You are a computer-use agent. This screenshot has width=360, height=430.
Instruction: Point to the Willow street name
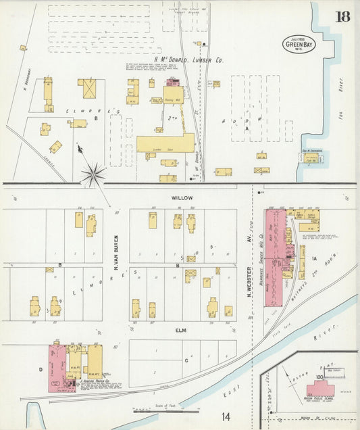(x=182, y=197)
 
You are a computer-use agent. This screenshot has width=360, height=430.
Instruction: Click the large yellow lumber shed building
(x=165, y=143)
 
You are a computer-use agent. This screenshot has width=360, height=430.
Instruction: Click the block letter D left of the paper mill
(x=40, y=369)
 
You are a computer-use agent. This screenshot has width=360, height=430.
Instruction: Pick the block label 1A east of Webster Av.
(x=314, y=258)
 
